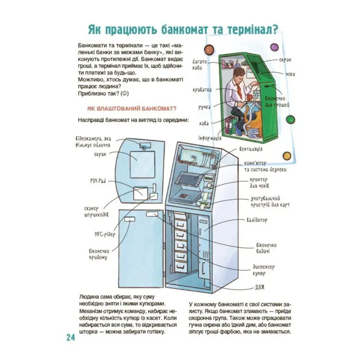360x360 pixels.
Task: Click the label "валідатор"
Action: tap(265, 220)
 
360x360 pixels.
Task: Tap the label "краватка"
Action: tap(202, 90)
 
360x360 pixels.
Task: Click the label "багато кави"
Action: tap(200, 64)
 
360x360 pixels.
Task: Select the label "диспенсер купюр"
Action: tap(265, 270)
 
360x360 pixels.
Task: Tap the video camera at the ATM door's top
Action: tap(146, 147)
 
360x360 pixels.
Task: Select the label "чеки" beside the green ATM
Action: tap(291, 75)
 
